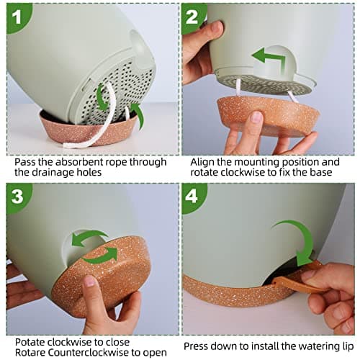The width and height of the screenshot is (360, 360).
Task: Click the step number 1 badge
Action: pos(17,17)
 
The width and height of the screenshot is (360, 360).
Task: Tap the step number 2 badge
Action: pos(192,17)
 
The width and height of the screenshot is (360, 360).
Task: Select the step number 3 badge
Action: pos(17,197)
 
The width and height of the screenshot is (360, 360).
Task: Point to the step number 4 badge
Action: pos(192,197)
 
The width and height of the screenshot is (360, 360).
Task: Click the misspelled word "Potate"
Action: pos(30,342)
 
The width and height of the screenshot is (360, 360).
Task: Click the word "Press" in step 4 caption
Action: pos(197,346)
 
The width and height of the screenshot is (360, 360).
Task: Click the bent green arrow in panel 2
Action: pos(269,58)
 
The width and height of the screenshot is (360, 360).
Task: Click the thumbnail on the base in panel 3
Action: pos(89,282)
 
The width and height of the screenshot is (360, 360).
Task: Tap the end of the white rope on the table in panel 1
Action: pos(66,145)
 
